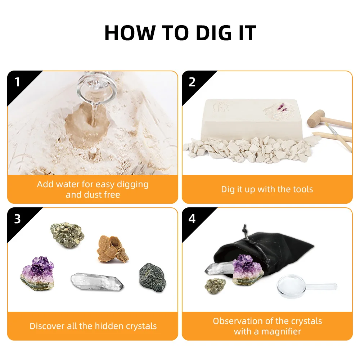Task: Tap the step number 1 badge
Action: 17,82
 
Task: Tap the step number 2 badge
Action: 192,82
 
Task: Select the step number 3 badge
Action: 17,219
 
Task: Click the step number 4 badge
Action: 192,219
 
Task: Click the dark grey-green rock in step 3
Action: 151,276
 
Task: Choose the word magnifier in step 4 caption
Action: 278,331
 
